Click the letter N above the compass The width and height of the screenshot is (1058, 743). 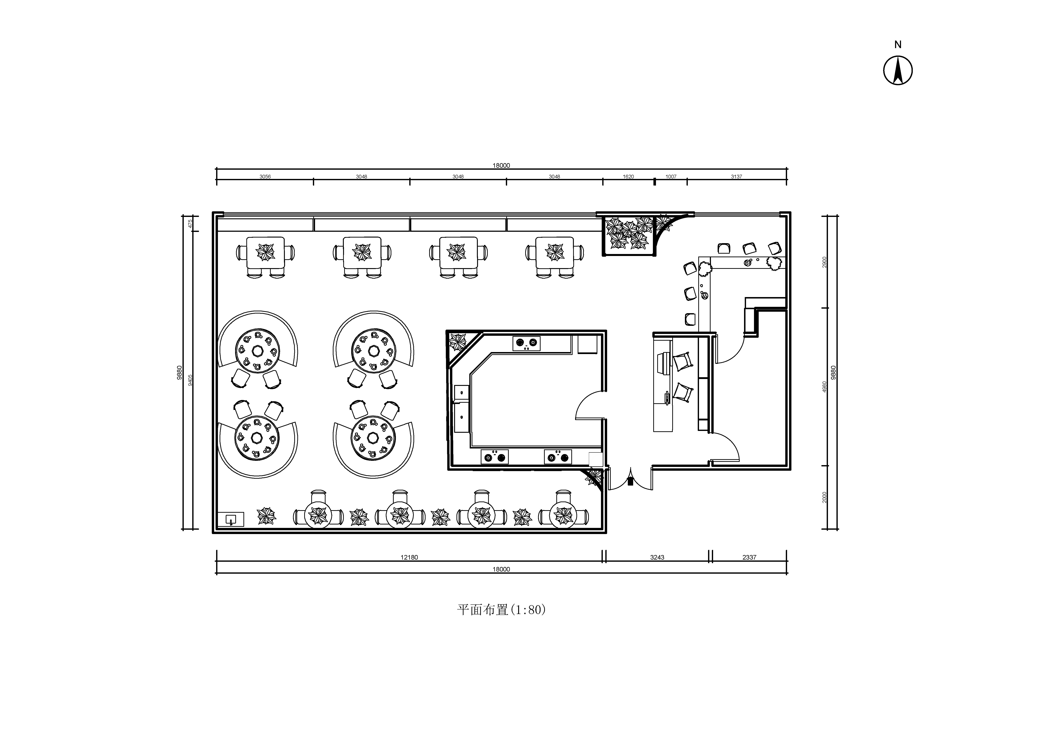(898, 45)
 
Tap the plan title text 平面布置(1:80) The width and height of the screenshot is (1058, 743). (501, 610)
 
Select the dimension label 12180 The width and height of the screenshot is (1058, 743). (409, 557)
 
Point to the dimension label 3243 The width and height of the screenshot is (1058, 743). (657, 557)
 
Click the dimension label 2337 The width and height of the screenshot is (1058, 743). (749, 557)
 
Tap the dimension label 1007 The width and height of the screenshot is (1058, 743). (671, 177)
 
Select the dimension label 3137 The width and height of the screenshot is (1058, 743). (736, 177)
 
